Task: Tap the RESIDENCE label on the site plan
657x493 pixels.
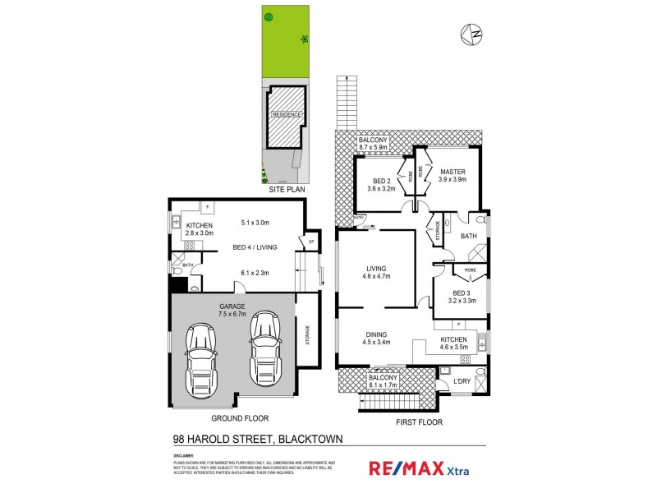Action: click(x=287, y=115)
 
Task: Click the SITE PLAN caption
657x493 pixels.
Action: click(x=287, y=190)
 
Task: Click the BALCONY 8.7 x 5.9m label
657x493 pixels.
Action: click(x=378, y=145)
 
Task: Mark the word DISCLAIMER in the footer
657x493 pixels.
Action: click(x=183, y=454)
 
